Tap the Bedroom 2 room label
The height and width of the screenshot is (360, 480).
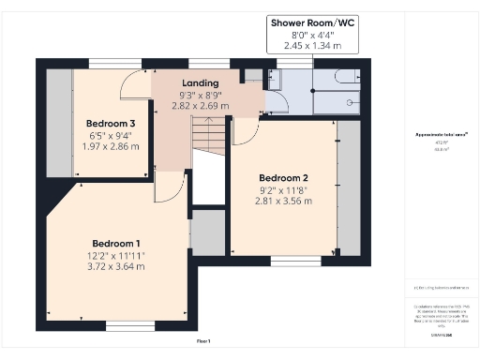[x=283, y=178]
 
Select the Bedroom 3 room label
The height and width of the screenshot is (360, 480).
[x=112, y=123]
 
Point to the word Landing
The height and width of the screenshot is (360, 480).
[x=200, y=82]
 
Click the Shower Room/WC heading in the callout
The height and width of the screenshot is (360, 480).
[x=306, y=22]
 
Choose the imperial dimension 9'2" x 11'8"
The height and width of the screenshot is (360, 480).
[x=283, y=191]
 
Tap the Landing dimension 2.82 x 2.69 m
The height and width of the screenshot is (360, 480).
[x=200, y=106]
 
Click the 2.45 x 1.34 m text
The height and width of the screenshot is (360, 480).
[x=306, y=45]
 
